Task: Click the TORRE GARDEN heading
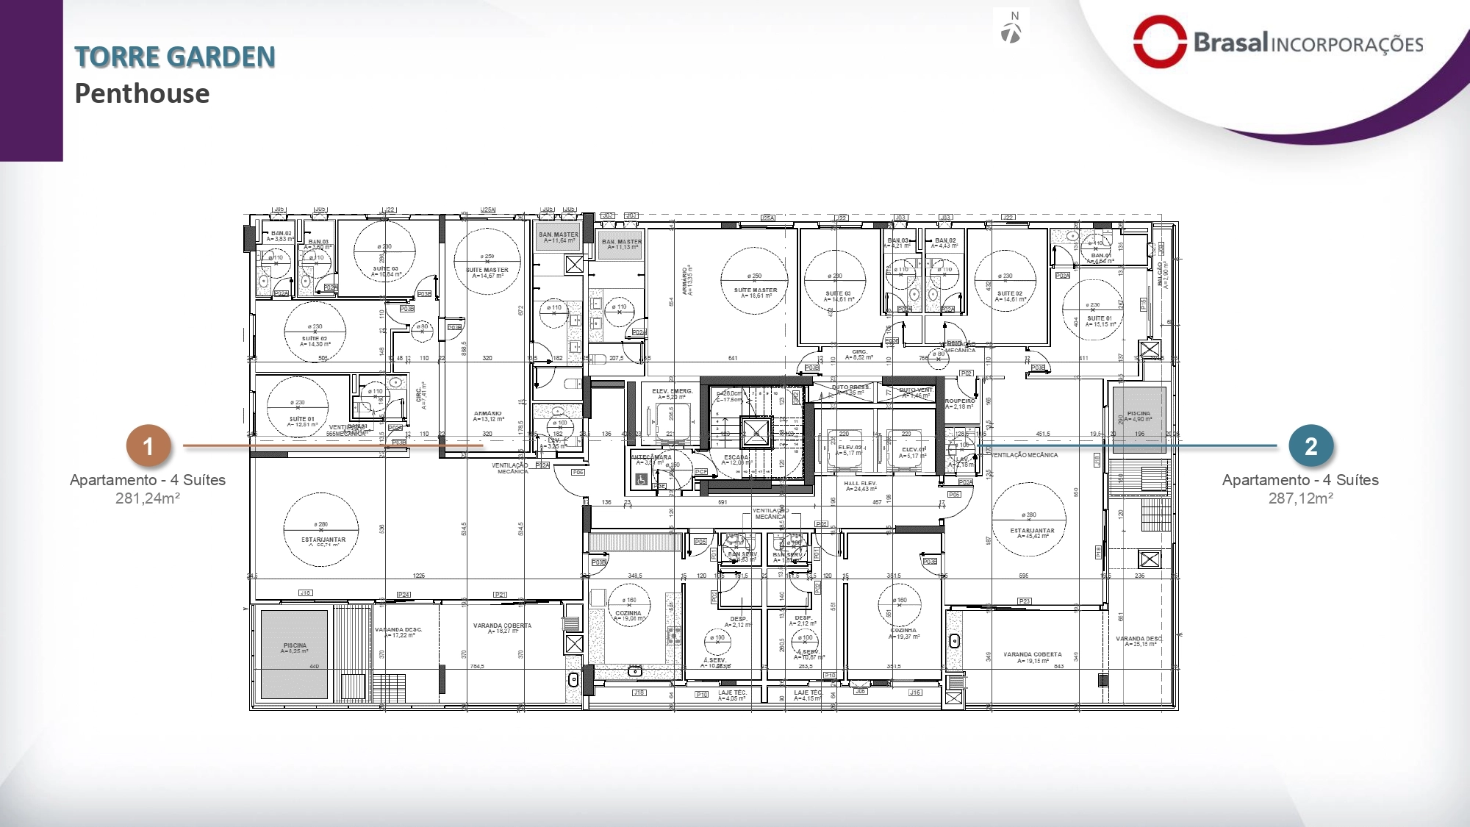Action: (x=175, y=57)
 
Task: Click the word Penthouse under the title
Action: (x=142, y=94)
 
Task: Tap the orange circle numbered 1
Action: (x=148, y=445)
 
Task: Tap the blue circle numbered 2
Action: (x=1311, y=445)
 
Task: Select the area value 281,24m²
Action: (x=148, y=498)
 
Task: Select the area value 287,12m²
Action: (x=1300, y=498)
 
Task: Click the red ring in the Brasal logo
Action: (x=1159, y=42)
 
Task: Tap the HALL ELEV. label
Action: (x=859, y=484)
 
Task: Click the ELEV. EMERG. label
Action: (x=672, y=391)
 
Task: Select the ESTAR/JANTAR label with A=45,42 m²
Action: (x=1032, y=530)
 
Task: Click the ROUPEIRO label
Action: (x=959, y=401)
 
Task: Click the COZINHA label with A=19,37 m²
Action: (x=903, y=630)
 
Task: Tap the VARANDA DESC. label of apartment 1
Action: (x=398, y=629)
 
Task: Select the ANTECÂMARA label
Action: (x=650, y=457)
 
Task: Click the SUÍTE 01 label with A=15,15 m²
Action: (x=1100, y=318)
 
